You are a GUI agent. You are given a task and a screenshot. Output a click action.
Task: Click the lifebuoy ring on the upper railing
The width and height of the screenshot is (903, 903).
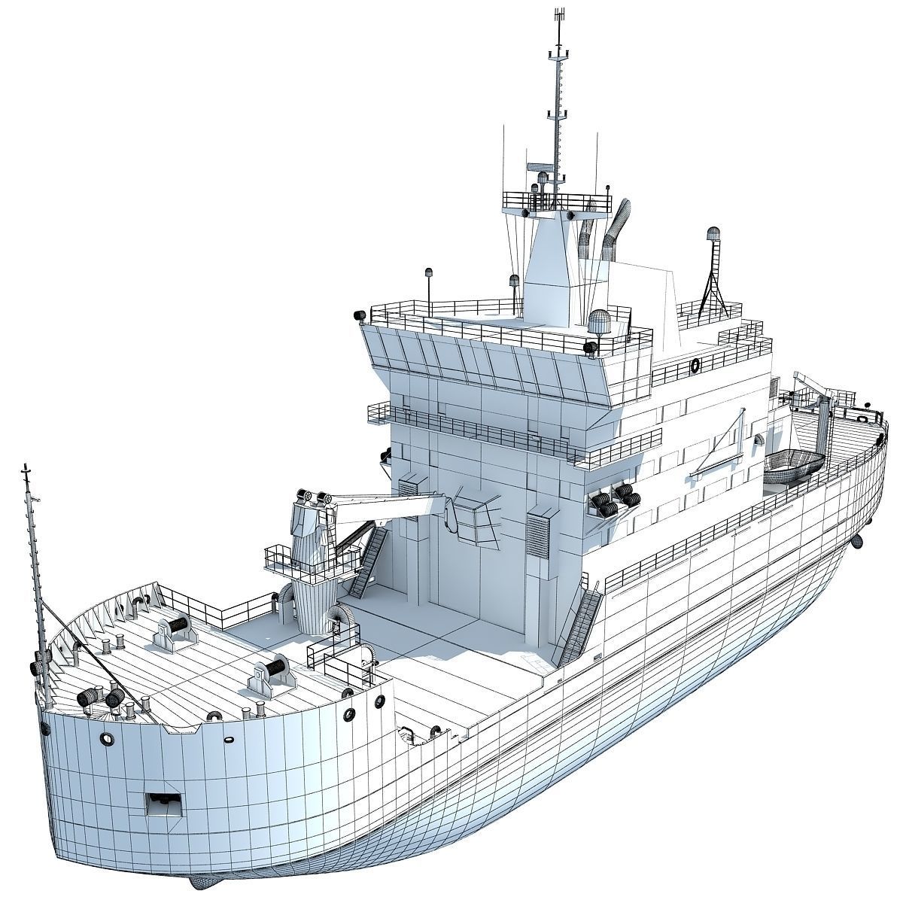pyautogui.click(x=695, y=366)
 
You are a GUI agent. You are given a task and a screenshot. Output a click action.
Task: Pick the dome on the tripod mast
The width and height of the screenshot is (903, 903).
pyautogui.click(x=713, y=234)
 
